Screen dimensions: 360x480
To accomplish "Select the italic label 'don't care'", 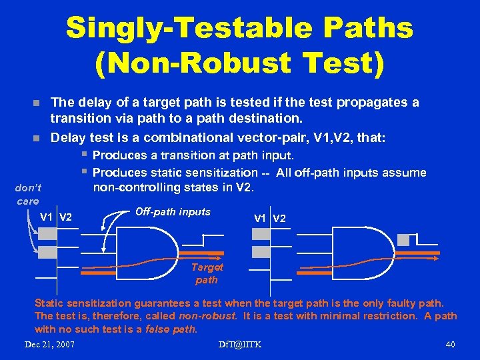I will click(27, 194).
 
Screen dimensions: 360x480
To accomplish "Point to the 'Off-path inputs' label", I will click(173, 212).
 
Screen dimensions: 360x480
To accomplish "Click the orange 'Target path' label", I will click(207, 273).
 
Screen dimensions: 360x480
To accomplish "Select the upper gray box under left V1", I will click(47, 233).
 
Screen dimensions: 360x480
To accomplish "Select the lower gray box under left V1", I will click(47, 252).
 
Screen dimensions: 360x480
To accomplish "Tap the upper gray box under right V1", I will click(261, 233).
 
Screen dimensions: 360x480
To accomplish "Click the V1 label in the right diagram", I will click(261, 218).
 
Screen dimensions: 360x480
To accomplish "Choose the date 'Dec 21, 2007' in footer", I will click(49, 344).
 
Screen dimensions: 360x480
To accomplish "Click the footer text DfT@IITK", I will click(240, 344).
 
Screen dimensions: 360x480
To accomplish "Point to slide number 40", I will click(449, 344).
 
